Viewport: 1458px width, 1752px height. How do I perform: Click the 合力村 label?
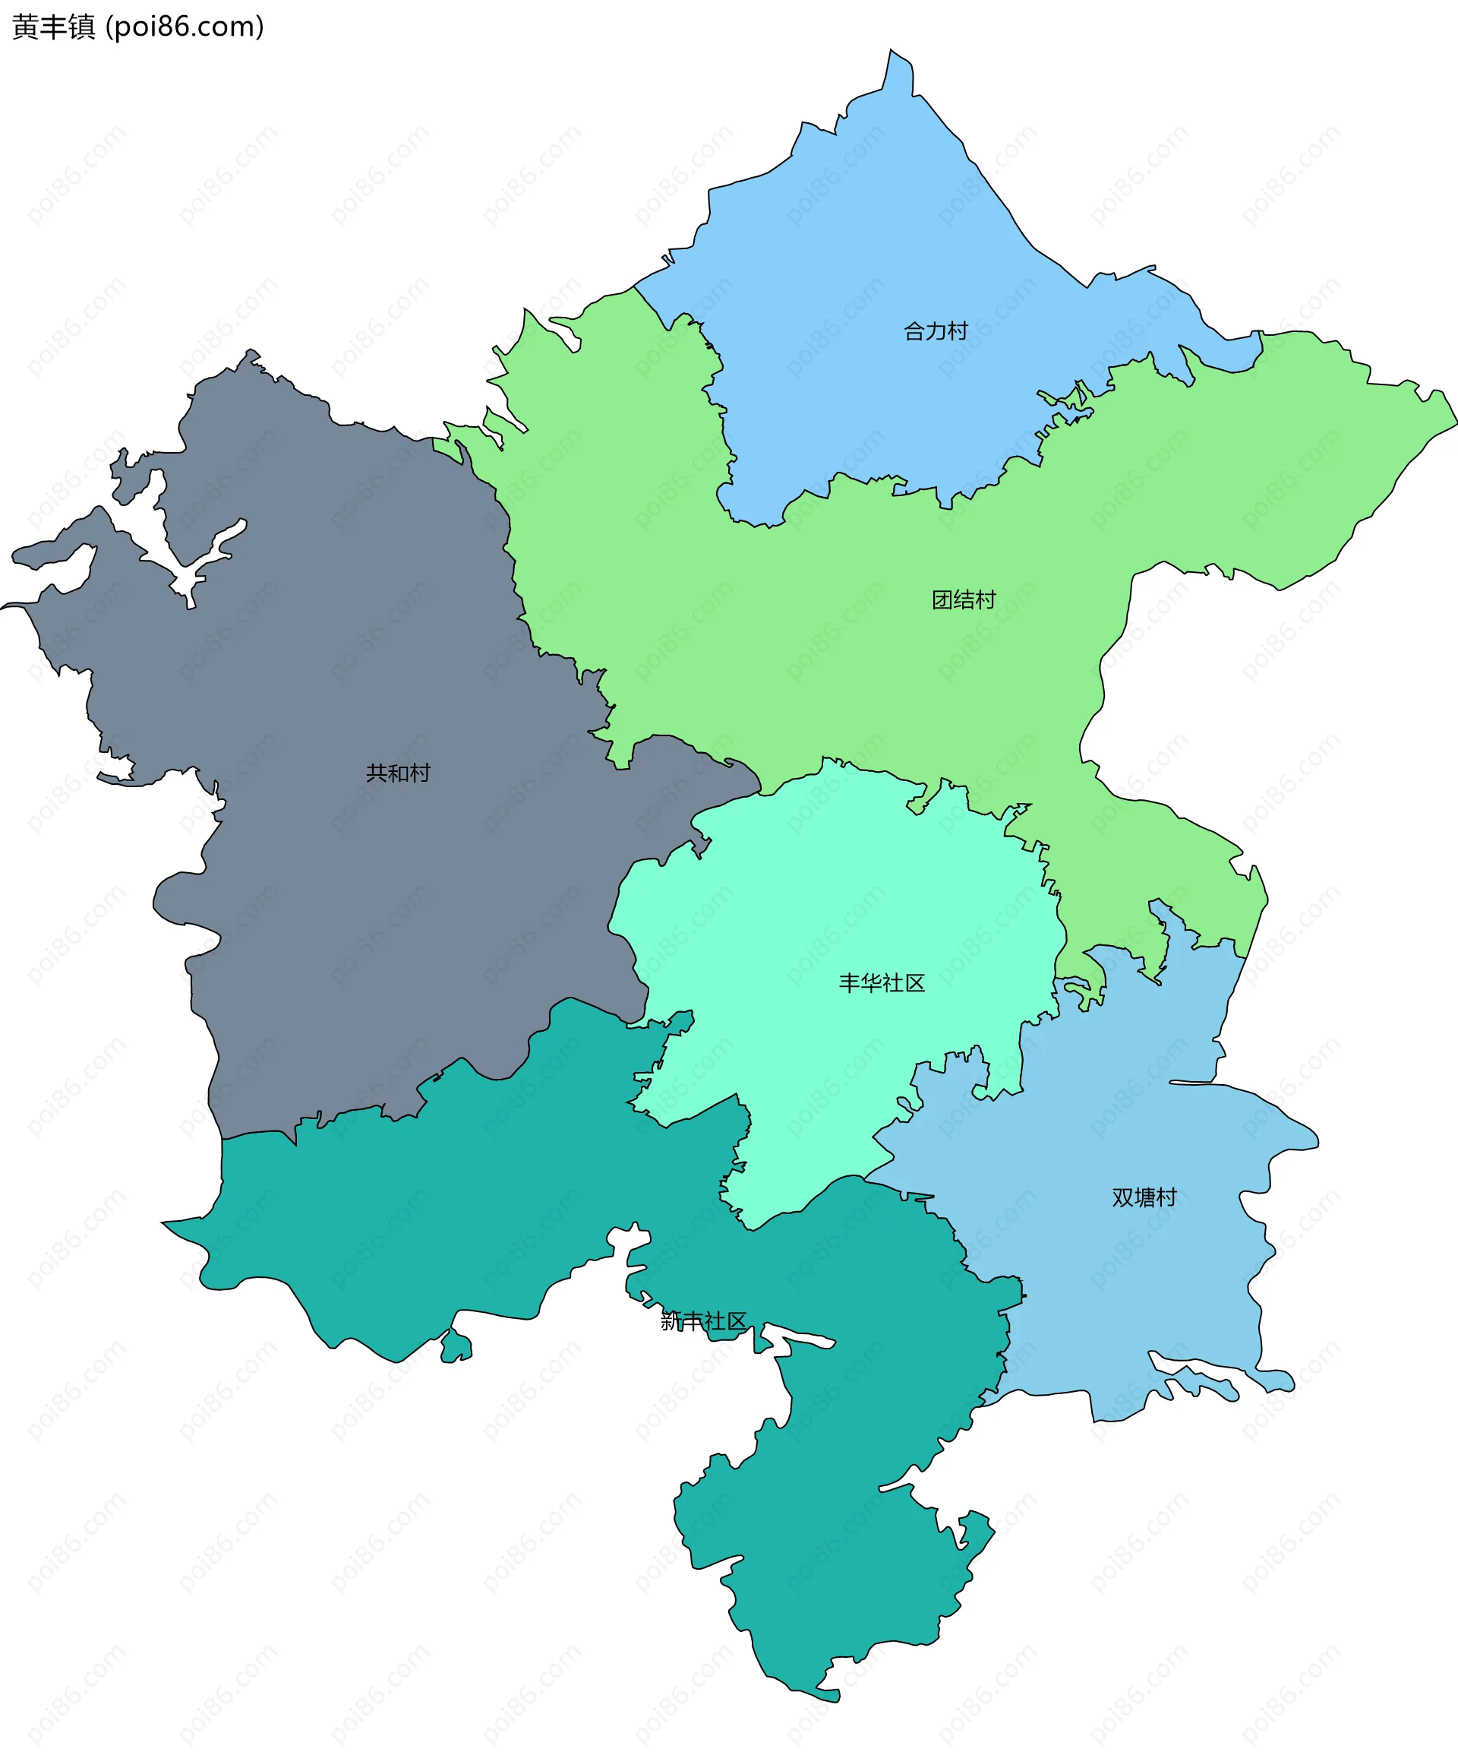click(936, 331)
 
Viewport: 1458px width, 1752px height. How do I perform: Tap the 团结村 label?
click(964, 600)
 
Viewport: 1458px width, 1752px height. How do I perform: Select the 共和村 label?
click(398, 773)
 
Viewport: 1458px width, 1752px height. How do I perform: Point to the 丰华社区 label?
click(882, 983)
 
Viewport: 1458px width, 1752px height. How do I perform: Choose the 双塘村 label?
click(1144, 1197)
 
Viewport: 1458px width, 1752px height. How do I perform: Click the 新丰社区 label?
click(703, 1320)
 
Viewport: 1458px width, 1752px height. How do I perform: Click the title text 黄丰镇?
click(54, 27)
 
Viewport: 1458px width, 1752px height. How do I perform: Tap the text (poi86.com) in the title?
click(185, 27)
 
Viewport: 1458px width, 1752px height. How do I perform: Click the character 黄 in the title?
click(24, 27)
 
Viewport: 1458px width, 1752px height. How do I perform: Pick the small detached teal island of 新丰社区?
click(456, 1346)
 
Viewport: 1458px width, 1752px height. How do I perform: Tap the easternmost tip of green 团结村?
click(1456, 424)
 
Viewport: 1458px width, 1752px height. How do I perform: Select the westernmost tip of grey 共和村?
click(3, 606)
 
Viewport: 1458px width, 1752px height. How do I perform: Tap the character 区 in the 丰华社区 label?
click(915, 983)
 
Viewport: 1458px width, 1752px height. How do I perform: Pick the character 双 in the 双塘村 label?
click(1122, 1197)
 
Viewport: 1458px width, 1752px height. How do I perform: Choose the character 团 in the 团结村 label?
click(942, 600)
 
